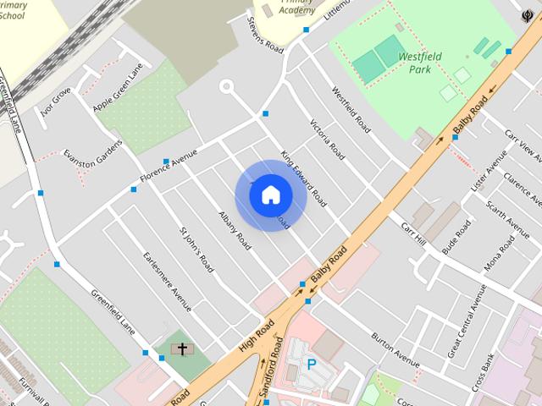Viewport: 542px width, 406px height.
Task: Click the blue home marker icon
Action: click(271, 195)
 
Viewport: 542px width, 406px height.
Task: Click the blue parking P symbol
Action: click(312, 365)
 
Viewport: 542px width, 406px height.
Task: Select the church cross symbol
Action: click(182, 348)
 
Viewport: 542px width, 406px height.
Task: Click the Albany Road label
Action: click(234, 230)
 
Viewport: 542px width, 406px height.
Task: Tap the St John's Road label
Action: click(196, 249)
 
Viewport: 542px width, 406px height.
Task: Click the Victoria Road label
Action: click(327, 139)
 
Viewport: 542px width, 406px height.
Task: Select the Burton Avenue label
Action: click(395, 349)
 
